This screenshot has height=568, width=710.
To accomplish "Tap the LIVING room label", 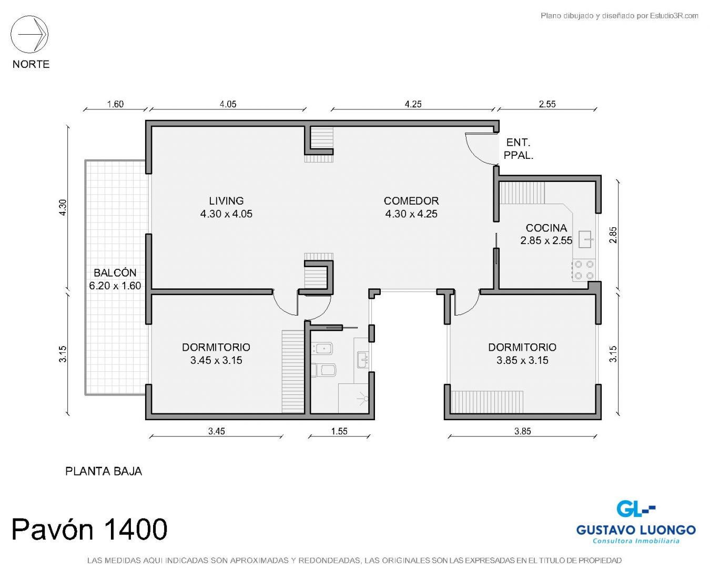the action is coord(226,201).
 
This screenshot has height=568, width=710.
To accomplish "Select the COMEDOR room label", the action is coord(411,201).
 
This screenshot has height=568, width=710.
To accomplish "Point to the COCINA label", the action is coord(546,228).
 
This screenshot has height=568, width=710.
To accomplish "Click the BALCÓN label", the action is coord(115,272).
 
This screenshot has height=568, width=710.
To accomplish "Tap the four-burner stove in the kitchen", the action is coord(584,270).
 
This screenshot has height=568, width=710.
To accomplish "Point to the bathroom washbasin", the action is coord(363,359).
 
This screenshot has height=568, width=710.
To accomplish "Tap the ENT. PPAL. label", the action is coord(519,149).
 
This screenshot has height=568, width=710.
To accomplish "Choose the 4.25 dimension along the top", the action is coord(413,104).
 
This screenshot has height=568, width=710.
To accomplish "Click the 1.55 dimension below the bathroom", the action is coord(339,431).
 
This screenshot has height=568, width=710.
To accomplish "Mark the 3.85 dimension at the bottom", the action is coord(523,431).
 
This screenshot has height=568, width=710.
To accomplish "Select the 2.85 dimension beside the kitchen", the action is coord(613,235).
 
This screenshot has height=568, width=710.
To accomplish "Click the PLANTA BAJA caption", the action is coord(104,471).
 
